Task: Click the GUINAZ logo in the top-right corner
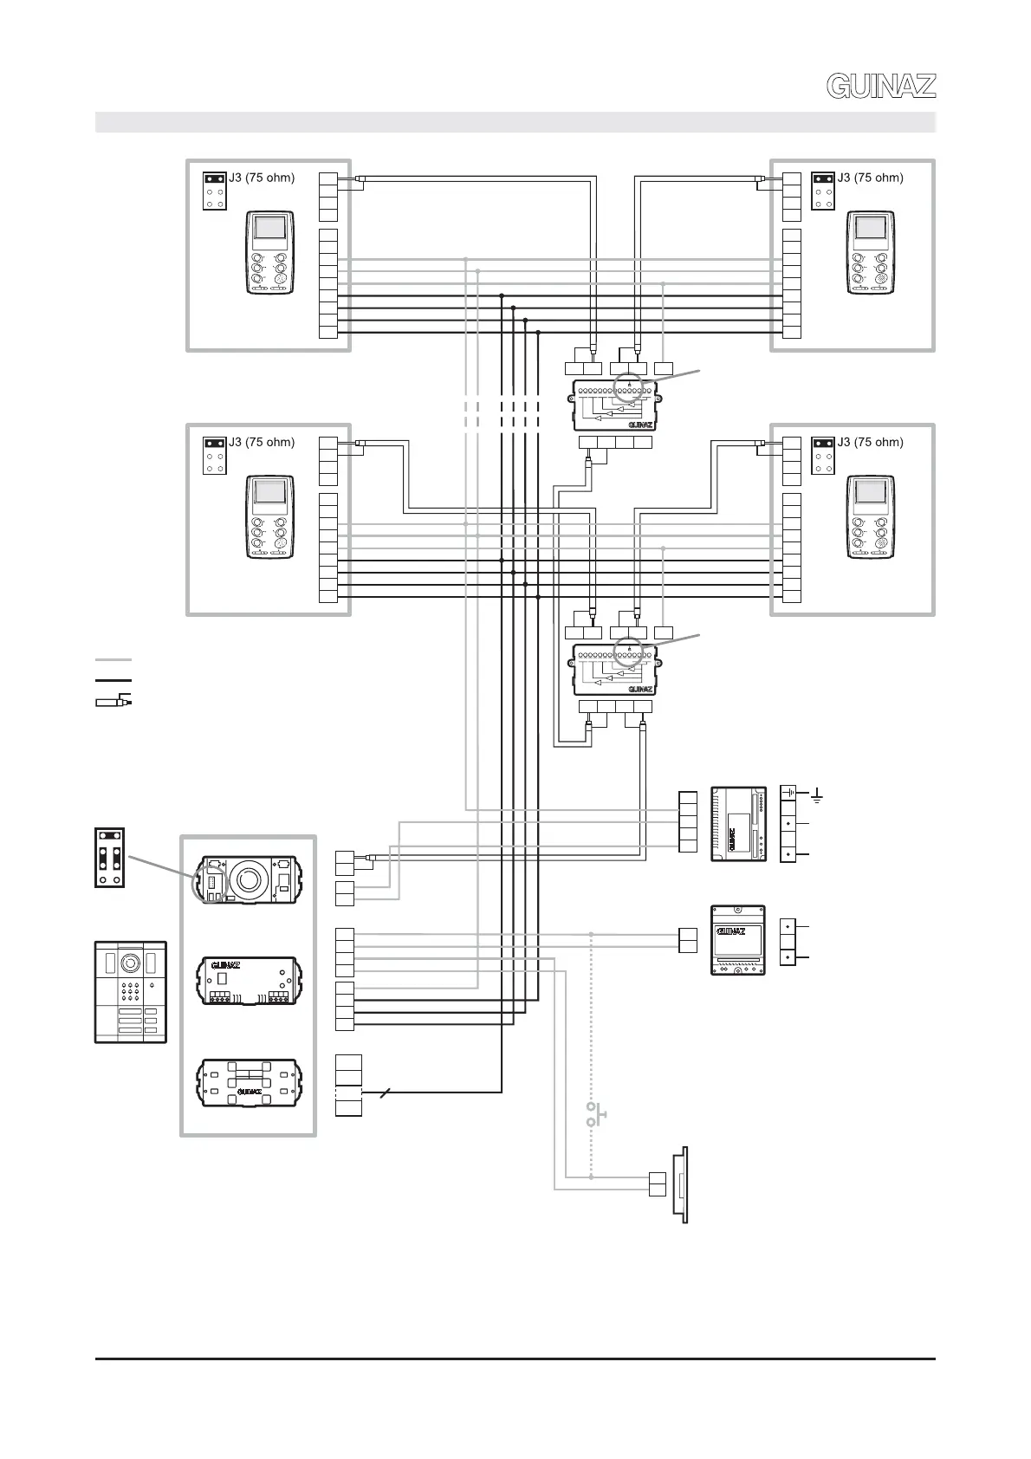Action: [881, 86]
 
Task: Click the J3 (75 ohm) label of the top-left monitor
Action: [262, 178]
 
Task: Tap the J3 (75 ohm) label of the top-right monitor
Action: [870, 178]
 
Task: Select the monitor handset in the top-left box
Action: [269, 253]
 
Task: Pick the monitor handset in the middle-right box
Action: [871, 517]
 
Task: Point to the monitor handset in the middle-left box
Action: [269, 517]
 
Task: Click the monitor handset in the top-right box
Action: [871, 253]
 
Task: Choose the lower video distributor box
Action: [615, 669]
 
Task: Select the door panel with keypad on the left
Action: [130, 991]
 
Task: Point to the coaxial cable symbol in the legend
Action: [113, 700]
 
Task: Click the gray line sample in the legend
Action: [113, 660]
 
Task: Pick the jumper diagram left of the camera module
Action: [110, 858]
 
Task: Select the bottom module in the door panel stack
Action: [250, 1082]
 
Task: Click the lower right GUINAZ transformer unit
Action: [738, 940]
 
